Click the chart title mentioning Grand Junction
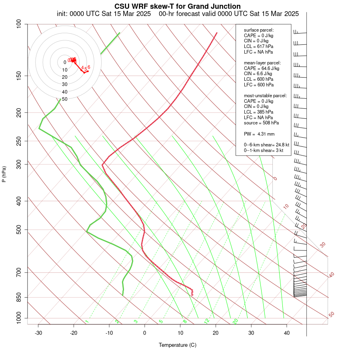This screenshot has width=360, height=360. coord(178,6)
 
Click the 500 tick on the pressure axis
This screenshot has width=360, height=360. coord(18,230)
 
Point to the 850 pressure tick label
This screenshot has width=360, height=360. coord(18,297)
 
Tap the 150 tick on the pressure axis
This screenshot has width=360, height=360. coord(18,76)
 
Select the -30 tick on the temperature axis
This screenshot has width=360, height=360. coord(38,333)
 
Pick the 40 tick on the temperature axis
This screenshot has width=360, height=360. coord(287,333)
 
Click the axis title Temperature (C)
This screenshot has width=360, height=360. coord(178,345)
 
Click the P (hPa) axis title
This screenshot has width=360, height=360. coord(4,174)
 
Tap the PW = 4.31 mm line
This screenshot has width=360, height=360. coord(259,134)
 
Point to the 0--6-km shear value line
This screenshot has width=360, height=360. coord(264,145)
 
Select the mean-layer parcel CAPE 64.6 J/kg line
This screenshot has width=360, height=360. coord(262,68)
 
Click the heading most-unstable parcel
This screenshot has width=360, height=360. coord(265,96)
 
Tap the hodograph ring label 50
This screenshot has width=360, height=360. coord(64,99)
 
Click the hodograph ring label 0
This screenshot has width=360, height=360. coord(65,62)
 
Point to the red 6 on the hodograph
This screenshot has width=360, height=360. coord(89,67)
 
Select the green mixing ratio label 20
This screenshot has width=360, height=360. coord(235,321)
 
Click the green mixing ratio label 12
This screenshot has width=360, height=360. coord(207,321)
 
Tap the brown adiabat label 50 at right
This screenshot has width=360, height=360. coord(331,314)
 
